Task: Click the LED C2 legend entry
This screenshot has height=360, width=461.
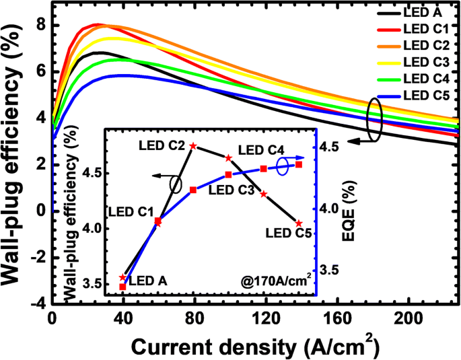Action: [425, 45]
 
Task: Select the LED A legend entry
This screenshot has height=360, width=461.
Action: [421, 11]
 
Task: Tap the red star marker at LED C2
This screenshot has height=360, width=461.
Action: [193, 146]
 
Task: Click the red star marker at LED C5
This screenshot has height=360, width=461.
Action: [299, 223]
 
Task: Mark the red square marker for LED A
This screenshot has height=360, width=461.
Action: [122, 287]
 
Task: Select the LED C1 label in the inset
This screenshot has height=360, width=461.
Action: [131, 211]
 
